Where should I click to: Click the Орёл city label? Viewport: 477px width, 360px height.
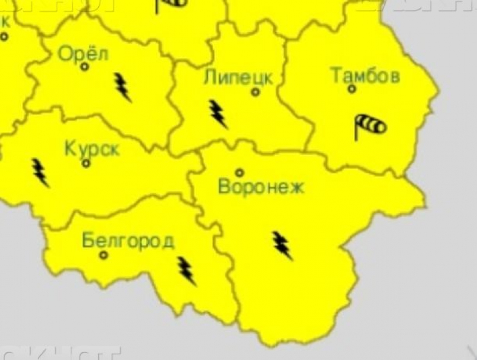[x=84, y=54]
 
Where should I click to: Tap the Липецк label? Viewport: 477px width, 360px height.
[x=238, y=78]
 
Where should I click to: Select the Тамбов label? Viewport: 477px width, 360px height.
[x=365, y=75]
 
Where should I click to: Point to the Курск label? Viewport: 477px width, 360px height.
[x=92, y=149]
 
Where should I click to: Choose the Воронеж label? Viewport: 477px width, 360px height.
[x=261, y=186]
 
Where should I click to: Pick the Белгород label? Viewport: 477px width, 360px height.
[x=128, y=241]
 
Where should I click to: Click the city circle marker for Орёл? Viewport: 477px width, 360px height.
[x=85, y=67]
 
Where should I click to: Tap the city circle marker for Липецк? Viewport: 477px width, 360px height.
[x=255, y=92]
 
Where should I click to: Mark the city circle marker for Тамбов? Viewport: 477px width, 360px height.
[x=352, y=89]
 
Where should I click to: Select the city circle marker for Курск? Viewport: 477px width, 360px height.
[x=86, y=163]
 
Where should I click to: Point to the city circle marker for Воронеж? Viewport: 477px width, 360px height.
[x=240, y=172]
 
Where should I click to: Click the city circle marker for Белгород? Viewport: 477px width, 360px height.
[x=103, y=255]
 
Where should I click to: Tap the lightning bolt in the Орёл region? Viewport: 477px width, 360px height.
[x=123, y=87]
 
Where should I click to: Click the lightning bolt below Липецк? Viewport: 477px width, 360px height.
[x=218, y=114]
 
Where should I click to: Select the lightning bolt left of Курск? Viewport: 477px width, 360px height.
[x=40, y=172]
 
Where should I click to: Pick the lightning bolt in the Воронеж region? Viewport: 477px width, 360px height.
[x=282, y=245]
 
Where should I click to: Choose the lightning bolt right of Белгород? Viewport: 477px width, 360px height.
[x=186, y=271]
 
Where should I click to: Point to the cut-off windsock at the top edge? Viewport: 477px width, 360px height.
[x=171, y=4]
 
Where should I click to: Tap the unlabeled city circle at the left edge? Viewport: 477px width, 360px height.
[x=4, y=37]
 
